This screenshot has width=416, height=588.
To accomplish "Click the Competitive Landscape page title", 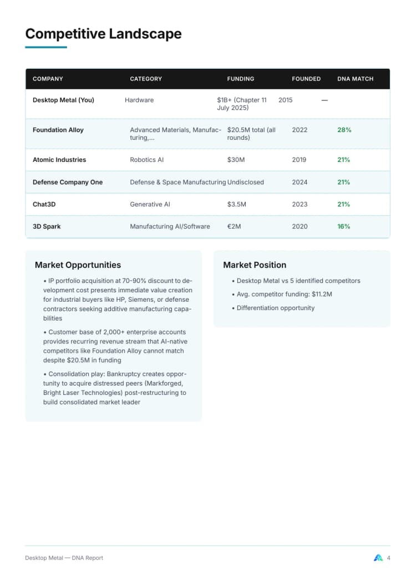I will pyautogui.click(x=103, y=34).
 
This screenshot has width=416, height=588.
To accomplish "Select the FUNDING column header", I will pyautogui.click(x=241, y=79).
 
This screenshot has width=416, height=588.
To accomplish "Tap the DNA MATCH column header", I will pyautogui.click(x=355, y=79).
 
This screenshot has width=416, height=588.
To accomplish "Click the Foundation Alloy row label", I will pyautogui.click(x=58, y=130).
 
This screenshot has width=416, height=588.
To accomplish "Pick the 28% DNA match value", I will pyautogui.click(x=344, y=130).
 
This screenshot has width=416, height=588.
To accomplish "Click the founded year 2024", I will pyautogui.click(x=299, y=182).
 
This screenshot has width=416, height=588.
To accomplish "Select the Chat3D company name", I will pyautogui.click(x=44, y=204).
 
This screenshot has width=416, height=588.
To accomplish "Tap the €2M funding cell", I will pyautogui.click(x=234, y=226).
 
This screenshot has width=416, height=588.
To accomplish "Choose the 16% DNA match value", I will pyautogui.click(x=344, y=226).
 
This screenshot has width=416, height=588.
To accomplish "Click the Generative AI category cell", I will pyautogui.click(x=150, y=204).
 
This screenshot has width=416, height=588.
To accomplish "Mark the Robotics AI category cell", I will pyautogui.click(x=146, y=160).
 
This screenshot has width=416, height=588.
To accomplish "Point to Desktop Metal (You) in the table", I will pyautogui.click(x=63, y=100).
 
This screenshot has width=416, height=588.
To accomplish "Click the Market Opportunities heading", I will pyautogui.click(x=78, y=265).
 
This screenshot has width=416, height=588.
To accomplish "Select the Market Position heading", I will pyautogui.click(x=255, y=265).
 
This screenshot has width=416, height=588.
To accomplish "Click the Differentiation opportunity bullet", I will pyautogui.click(x=275, y=308).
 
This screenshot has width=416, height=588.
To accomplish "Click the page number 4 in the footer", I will pyautogui.click(x=388, y=558).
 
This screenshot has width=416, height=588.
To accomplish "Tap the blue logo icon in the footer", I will pyautogui.click(x=378, y=558).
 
